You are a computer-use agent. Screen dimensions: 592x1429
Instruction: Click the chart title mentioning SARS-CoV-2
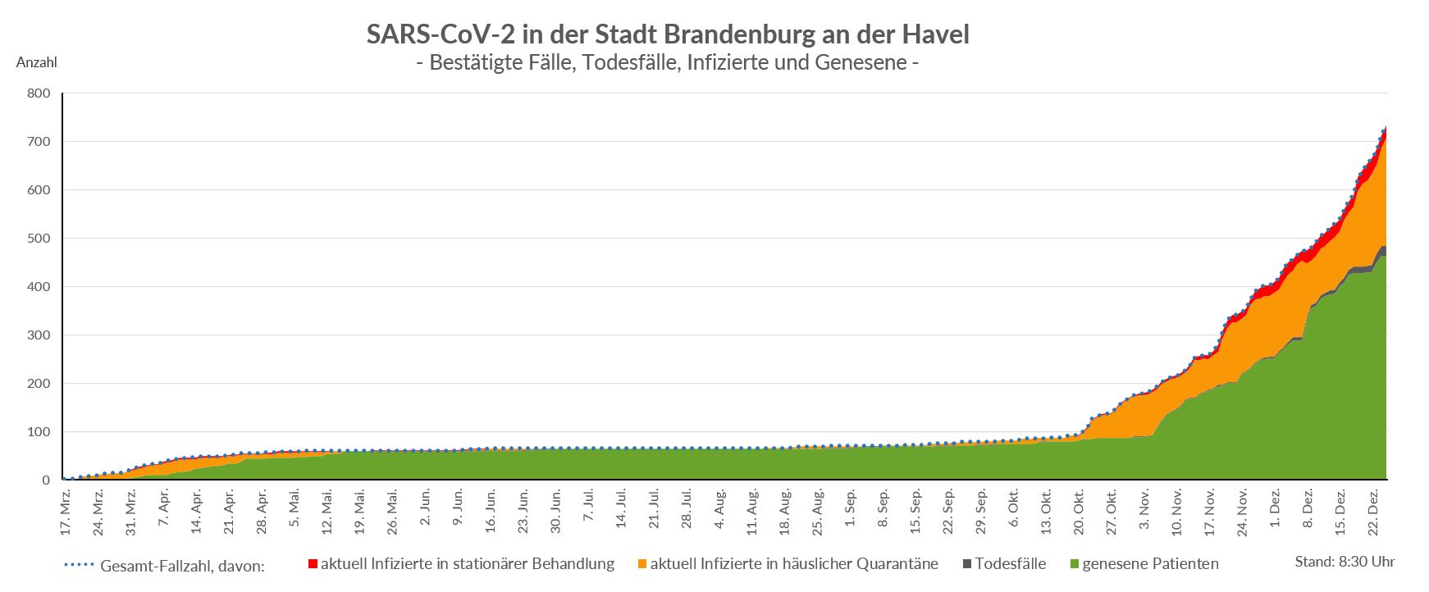click(x=667, y=34)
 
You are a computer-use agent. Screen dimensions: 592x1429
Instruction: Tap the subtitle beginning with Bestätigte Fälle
click(x=667, y=62)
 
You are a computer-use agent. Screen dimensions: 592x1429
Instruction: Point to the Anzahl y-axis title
click(x=36, y=62)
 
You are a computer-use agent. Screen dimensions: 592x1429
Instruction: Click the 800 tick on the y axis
click(x=39, y=94)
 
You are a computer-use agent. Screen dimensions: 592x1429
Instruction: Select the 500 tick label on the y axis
click(x=39, y=239)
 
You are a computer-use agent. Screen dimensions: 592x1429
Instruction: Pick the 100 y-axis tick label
click(x=39, y=432)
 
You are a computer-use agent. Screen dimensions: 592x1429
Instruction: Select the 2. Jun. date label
click(x=425, y=510)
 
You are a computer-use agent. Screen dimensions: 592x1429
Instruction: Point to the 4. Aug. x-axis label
click(x=719, y=510)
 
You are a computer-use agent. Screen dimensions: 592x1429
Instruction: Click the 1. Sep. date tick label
click(x=851, y=510)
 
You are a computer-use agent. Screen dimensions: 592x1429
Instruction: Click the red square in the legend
click(x=313, y=564)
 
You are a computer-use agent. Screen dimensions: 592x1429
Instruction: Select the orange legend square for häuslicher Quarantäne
click(x=642, y=564)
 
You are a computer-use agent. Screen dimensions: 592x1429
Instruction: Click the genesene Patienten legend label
click(x=1150, y=564)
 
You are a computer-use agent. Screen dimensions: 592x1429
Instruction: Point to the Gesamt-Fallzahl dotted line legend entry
click(x=164, y=566)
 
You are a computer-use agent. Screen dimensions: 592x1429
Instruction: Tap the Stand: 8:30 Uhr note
click(x=1345, y=562)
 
